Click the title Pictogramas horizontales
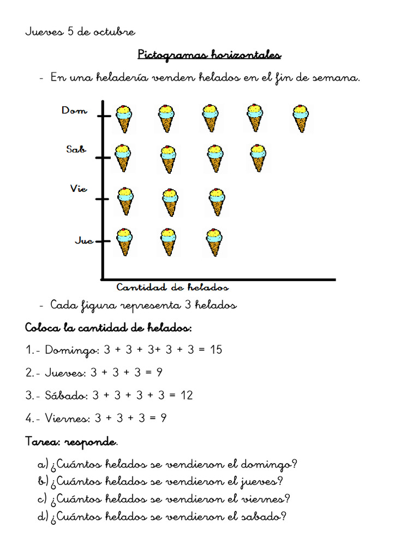[209, 55]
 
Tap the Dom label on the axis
[74, 111]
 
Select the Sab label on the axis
[76, 149]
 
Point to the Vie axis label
[78, 189]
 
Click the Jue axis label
[83, 240]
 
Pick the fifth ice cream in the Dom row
[300, 118]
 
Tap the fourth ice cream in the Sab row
[258, 157]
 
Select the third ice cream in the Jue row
[214, 241]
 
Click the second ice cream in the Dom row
[167, 118]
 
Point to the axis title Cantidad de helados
[172, 287]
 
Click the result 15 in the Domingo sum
[216, 349]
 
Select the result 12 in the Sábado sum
[187, 395]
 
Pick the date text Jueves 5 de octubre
[80, 32]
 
